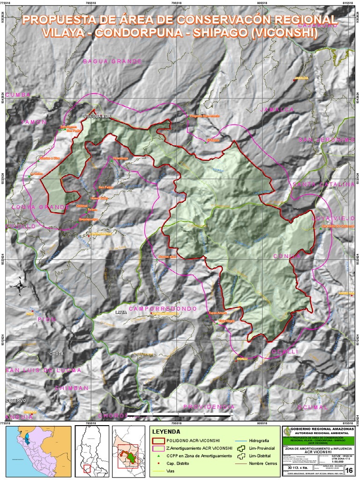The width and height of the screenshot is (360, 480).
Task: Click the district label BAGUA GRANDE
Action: point(112,61)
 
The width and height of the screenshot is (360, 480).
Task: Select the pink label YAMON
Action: point(34,122)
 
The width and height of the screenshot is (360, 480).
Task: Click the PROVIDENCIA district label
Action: point(209,407)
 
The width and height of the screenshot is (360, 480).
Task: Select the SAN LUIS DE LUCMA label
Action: point(43,370)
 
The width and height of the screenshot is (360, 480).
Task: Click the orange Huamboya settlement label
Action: point(120,159)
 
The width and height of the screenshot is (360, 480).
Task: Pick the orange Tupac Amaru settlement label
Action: point(217,313)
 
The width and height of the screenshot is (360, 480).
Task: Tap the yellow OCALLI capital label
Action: point(242,359)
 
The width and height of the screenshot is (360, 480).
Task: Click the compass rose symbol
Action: point(20,286)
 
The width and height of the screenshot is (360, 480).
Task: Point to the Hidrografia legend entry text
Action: point(259,441)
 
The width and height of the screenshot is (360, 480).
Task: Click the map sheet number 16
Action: point(348,470)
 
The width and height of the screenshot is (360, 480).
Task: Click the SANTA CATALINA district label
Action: point(323,184)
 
